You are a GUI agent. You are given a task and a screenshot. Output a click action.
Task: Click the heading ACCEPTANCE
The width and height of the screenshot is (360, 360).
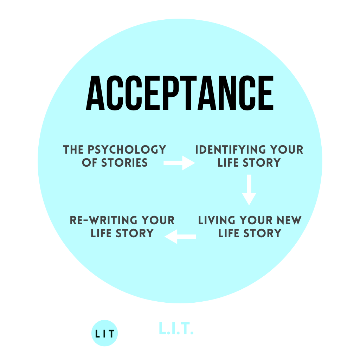180,93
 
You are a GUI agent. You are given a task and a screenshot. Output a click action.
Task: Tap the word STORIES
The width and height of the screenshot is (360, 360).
125,163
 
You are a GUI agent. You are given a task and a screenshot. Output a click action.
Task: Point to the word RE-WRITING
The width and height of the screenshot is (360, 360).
99,220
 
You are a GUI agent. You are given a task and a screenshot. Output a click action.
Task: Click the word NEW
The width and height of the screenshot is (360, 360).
289,220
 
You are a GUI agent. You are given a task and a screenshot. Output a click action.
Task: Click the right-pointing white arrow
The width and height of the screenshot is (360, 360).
179,163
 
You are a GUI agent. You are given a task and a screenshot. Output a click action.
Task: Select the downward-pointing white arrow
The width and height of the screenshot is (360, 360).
249,190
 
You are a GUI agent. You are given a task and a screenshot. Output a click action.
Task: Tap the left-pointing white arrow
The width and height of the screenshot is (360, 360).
180,237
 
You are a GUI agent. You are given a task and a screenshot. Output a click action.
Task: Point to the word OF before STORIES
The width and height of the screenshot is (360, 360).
89,163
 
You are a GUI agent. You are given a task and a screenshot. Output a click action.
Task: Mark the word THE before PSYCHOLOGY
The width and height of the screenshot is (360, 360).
72,150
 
